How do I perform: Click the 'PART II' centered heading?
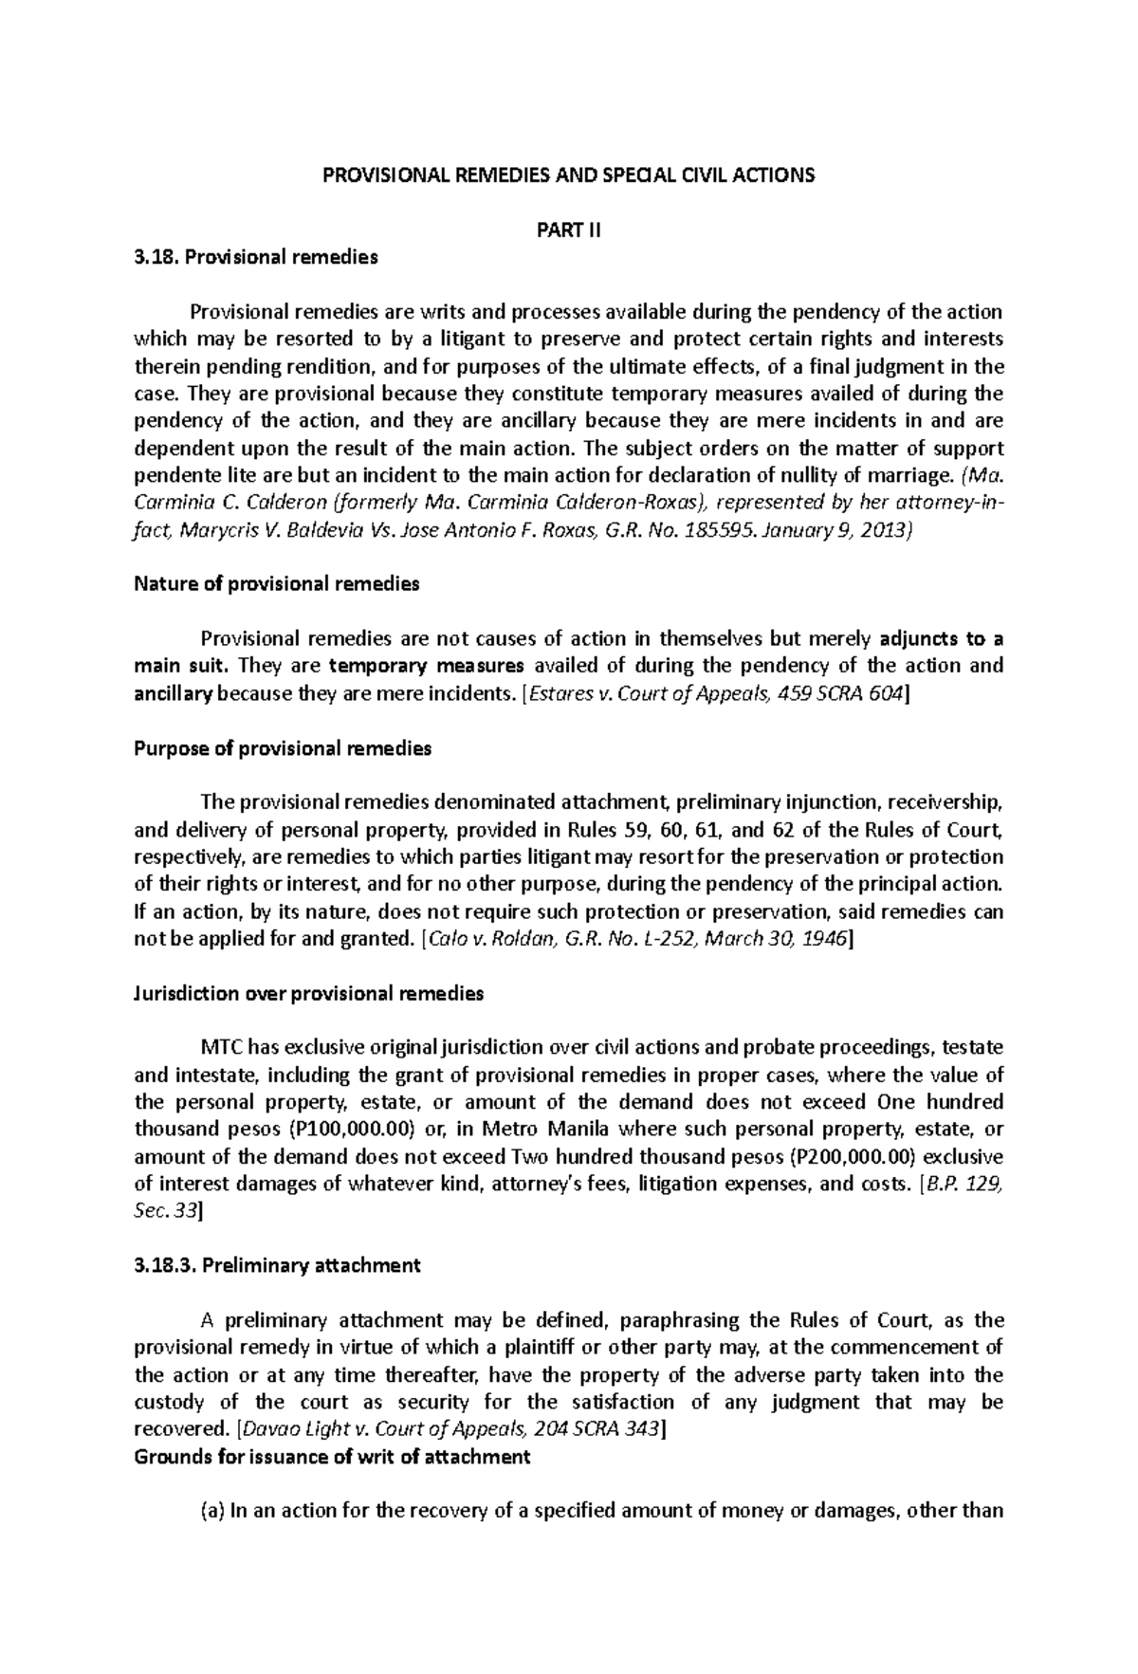569,230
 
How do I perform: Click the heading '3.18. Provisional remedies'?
256,257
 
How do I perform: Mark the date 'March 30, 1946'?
786,940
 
